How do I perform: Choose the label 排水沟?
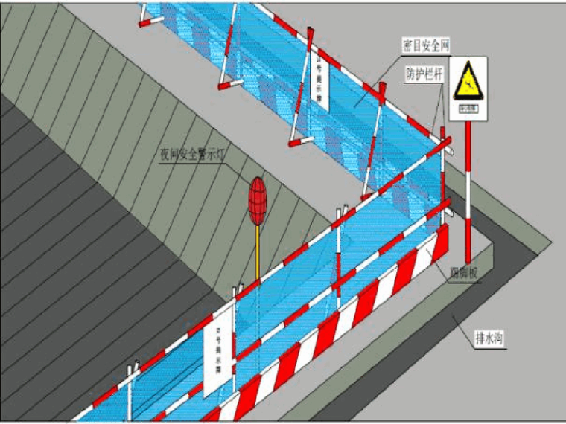coord(491,340)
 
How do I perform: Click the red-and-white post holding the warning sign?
coord(468,193)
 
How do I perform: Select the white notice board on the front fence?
coord(217,357)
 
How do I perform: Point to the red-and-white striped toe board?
coord(350,312)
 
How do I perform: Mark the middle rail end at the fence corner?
coord(448,201)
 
